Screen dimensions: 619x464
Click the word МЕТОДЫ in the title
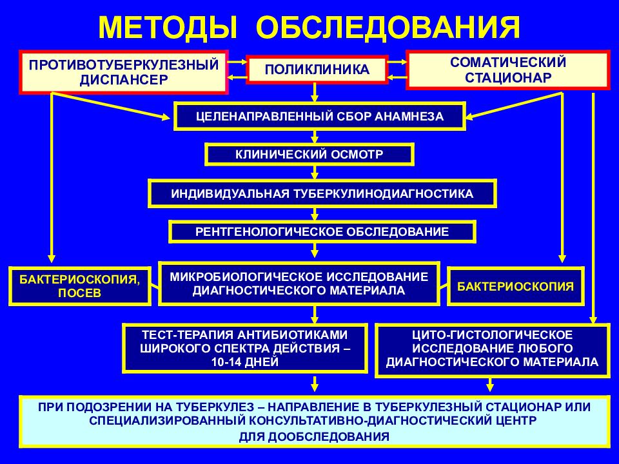(x=168, y=28)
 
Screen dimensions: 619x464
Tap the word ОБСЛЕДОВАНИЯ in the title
(x=388, y=28)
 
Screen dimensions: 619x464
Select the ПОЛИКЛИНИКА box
(x=317, y=70)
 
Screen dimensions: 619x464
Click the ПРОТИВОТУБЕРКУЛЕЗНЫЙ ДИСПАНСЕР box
(x=124, y=72)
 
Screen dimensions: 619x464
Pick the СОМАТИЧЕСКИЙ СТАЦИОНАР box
(x=508, y=70)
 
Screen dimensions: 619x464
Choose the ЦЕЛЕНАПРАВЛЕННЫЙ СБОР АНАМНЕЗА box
(x=320, y=117)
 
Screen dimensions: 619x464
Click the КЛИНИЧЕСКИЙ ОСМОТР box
(x=309, y=154)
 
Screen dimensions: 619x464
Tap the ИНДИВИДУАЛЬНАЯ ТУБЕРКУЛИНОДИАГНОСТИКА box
(x=322, y=194)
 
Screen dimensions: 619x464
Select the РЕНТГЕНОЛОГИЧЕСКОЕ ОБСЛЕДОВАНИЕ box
(x=322, y=231)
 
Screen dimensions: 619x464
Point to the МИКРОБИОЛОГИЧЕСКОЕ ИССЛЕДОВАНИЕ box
(x=299, y=284)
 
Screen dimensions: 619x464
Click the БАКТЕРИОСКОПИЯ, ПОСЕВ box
(x=80, y=286)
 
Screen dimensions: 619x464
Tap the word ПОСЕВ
(x=80, y=293)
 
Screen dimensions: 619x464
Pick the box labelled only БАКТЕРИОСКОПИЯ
(x=516, y=286)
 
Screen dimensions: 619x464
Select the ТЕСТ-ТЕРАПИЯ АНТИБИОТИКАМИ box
(x=245, y=349)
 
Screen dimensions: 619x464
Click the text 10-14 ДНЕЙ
(x=245, y=362)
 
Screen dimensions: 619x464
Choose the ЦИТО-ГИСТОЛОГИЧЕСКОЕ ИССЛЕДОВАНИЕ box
(x=492, y=351)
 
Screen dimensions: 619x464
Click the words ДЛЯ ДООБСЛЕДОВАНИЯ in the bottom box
(x=314, y=437)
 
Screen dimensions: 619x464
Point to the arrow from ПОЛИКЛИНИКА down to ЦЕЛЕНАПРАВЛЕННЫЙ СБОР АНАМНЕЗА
(x=315, y=92)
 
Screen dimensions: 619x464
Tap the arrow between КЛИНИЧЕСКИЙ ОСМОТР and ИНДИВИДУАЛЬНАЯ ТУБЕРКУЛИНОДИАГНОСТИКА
(x=315, y=173)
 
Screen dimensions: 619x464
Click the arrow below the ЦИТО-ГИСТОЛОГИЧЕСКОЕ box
(x=490, y=385)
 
